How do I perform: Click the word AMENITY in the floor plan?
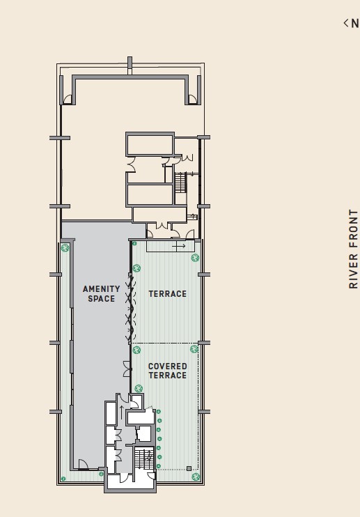[x=102, y=289]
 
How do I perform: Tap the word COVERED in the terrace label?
[x=168, y=366]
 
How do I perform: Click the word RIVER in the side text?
[x=353, y=271]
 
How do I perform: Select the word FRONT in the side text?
[x=353, y=229]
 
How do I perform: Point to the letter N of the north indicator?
[x=354, y=24]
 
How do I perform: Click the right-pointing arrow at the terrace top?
[x=178, y=246]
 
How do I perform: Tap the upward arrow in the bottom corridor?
[x=121, y=412]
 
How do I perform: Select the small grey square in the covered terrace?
[x=189, y=468]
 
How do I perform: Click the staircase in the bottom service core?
[x=144, y=458]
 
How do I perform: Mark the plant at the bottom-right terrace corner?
[x=196, y=477]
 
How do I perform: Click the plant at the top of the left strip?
[x=65, y=247]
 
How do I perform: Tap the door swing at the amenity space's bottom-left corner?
[x=84, y=464]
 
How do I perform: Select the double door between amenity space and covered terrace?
[x=127, y=369]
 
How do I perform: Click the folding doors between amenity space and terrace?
[x=130, y=309]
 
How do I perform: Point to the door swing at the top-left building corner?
[x=68, y=99]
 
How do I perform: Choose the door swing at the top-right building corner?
[x=193, y=99]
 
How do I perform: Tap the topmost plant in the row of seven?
[x=159, y=412]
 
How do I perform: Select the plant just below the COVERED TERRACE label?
[x=139, y=388]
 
